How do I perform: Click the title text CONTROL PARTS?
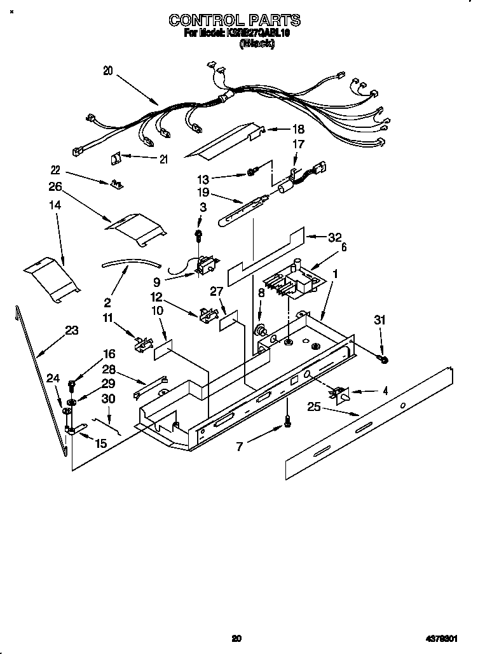point(235,21)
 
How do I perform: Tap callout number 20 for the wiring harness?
point(107,72)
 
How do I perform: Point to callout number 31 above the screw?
point(380,321)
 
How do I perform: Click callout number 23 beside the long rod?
point(71,330)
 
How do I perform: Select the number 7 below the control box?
point(240,447)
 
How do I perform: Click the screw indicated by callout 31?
point(383,361)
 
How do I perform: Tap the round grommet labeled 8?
point(260,331)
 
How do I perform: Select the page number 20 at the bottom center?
point(236,638)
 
